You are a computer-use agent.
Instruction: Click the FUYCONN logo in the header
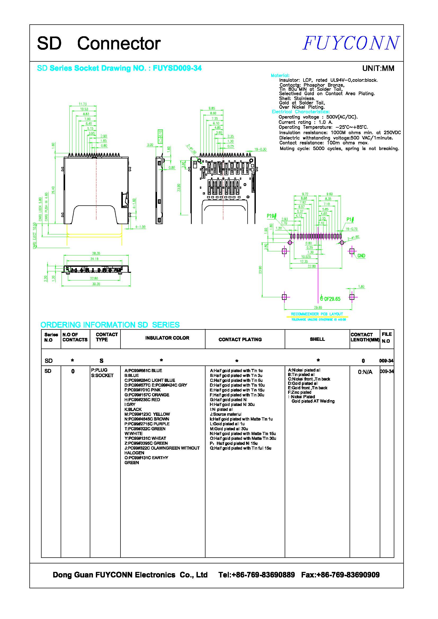pos(351,43)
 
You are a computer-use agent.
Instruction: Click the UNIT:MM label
pos(378,68)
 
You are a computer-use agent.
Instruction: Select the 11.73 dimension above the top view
pos(83,104)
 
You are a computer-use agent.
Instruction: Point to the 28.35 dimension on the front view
pos(96,253)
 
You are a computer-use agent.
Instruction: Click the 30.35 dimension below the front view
pos(96,284)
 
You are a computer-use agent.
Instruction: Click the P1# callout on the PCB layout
pos(350,219)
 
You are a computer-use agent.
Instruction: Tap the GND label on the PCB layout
pos(361,256)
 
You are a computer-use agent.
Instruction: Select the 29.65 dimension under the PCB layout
pos(318,307)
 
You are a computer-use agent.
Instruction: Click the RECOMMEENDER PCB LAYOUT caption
pos(317,314)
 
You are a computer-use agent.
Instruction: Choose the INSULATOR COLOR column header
pos(167,338)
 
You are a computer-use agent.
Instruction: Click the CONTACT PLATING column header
pos(240,340)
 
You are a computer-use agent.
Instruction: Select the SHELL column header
pos(317,339)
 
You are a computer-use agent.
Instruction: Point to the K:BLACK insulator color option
pos(133,409)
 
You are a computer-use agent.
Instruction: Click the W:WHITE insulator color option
pos(133,433)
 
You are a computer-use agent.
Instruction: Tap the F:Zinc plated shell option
pos(300,392)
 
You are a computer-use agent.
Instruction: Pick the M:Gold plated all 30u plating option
pos(229,429)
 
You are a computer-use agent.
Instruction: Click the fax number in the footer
pos(340,575)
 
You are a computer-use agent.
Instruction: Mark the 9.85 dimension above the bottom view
pos(212,109)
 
